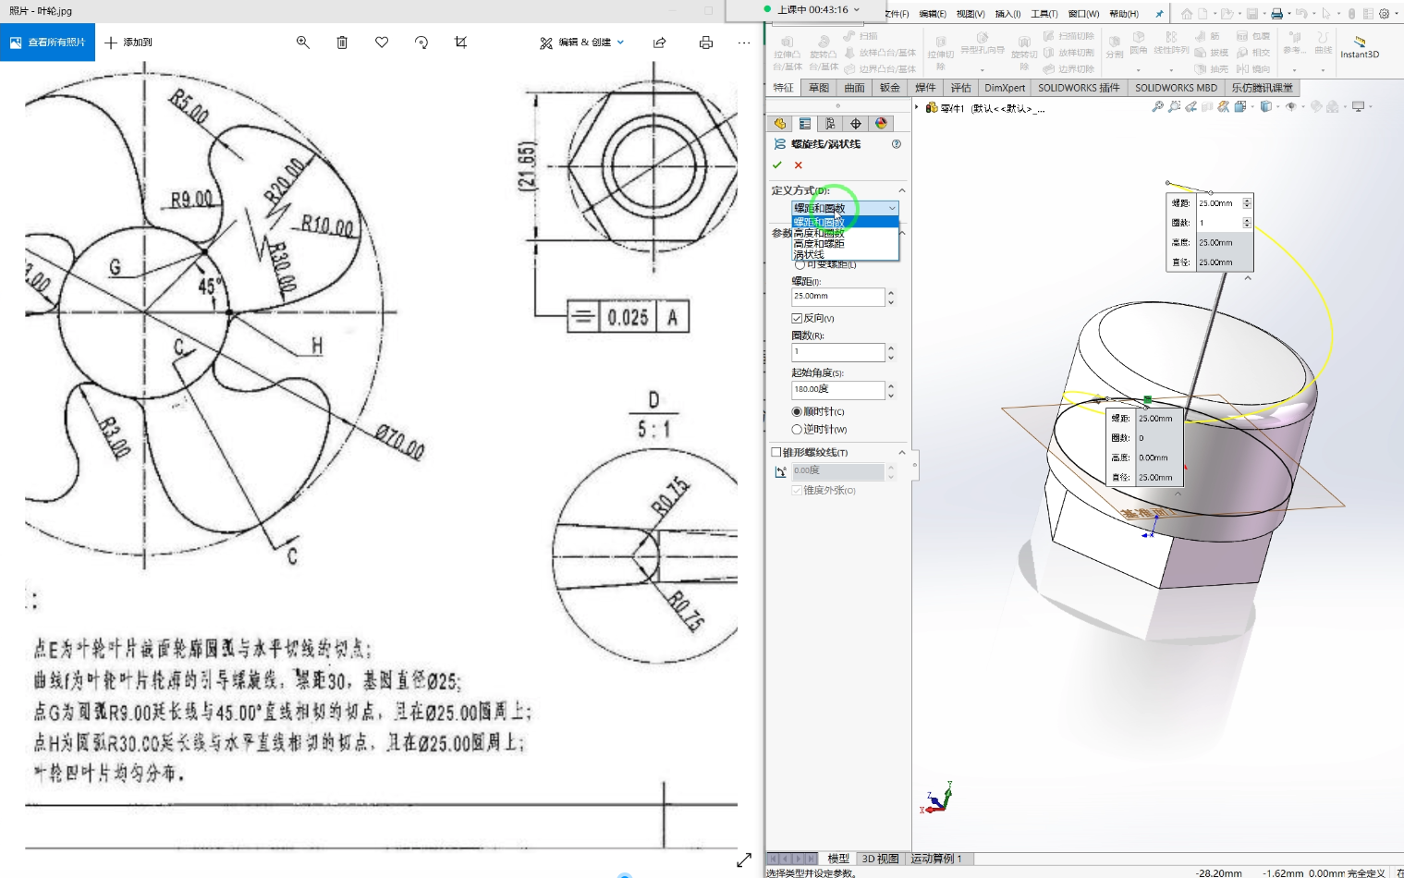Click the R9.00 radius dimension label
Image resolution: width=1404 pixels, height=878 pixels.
coord(191,199)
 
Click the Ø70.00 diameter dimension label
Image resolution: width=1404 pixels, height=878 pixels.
coord(399,442)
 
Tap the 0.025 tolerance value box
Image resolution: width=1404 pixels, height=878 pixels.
coord(628,317)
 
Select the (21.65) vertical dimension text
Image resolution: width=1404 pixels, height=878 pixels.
coord(527,167)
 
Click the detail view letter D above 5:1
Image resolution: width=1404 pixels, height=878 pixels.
coord(653,400)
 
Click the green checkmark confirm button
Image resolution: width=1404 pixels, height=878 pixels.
coord(777,165)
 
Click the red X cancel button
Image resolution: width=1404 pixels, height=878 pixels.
coord(799,165)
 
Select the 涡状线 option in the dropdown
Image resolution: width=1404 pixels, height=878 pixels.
coord(809,254)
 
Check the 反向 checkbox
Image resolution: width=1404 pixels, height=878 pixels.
coord(797,318)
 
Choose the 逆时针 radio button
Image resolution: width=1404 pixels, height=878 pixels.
coord(797,430)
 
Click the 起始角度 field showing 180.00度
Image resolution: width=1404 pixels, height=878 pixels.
coord(837,390)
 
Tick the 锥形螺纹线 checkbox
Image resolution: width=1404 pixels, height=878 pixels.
coord(776,453)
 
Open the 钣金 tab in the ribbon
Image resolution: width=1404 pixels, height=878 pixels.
coord(889,88)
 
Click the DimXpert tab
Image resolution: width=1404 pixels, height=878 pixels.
coord(1005,88)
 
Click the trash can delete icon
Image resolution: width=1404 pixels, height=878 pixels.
coord(342,43)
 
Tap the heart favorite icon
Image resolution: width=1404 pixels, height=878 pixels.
coord(382,43)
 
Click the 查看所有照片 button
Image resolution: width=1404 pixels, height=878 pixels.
coord(47,43)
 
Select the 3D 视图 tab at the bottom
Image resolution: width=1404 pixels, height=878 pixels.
coord(880,859)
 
